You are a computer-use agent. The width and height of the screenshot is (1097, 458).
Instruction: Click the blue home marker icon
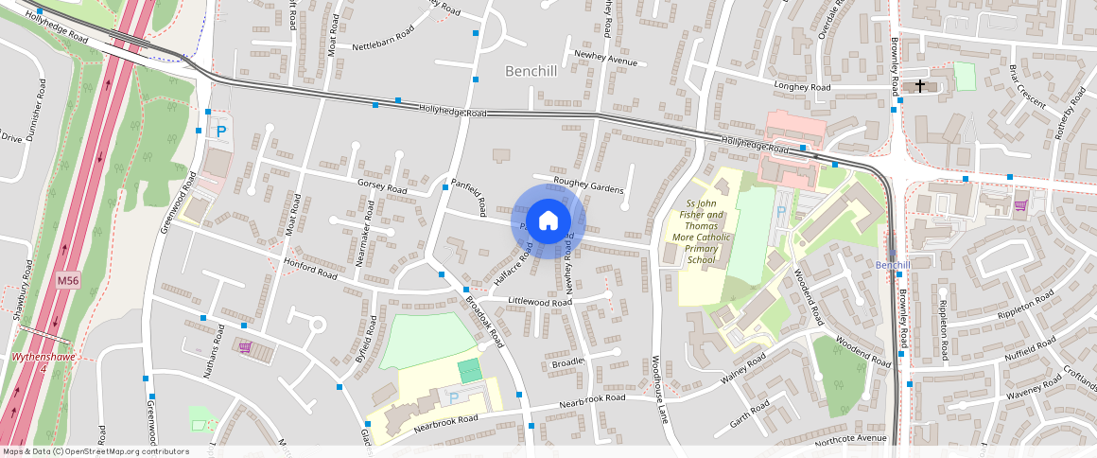(x=548, y=221)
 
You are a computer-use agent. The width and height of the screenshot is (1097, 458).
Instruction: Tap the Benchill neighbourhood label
(x=531, y=71)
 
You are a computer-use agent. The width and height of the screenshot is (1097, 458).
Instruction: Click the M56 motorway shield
(x=67, y=281)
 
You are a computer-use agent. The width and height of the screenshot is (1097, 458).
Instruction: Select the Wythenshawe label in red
(x=42, y=358)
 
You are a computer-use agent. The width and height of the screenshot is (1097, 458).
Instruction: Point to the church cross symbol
(x=919, y=86)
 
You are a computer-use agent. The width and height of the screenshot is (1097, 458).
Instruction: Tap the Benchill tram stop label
(x=892, y=264)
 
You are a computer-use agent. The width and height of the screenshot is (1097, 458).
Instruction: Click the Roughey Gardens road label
(x=591, y=185)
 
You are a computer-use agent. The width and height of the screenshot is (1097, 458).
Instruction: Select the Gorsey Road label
(x=381, y=186)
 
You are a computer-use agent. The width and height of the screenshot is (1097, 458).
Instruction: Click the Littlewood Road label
(x=541, y=301)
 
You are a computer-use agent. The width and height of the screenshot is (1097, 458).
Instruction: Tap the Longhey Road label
(x=801, y=87)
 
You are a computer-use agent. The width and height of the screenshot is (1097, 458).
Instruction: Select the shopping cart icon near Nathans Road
(x=245, y=348)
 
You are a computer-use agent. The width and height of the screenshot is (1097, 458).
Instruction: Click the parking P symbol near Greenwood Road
(x=221, y=132)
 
